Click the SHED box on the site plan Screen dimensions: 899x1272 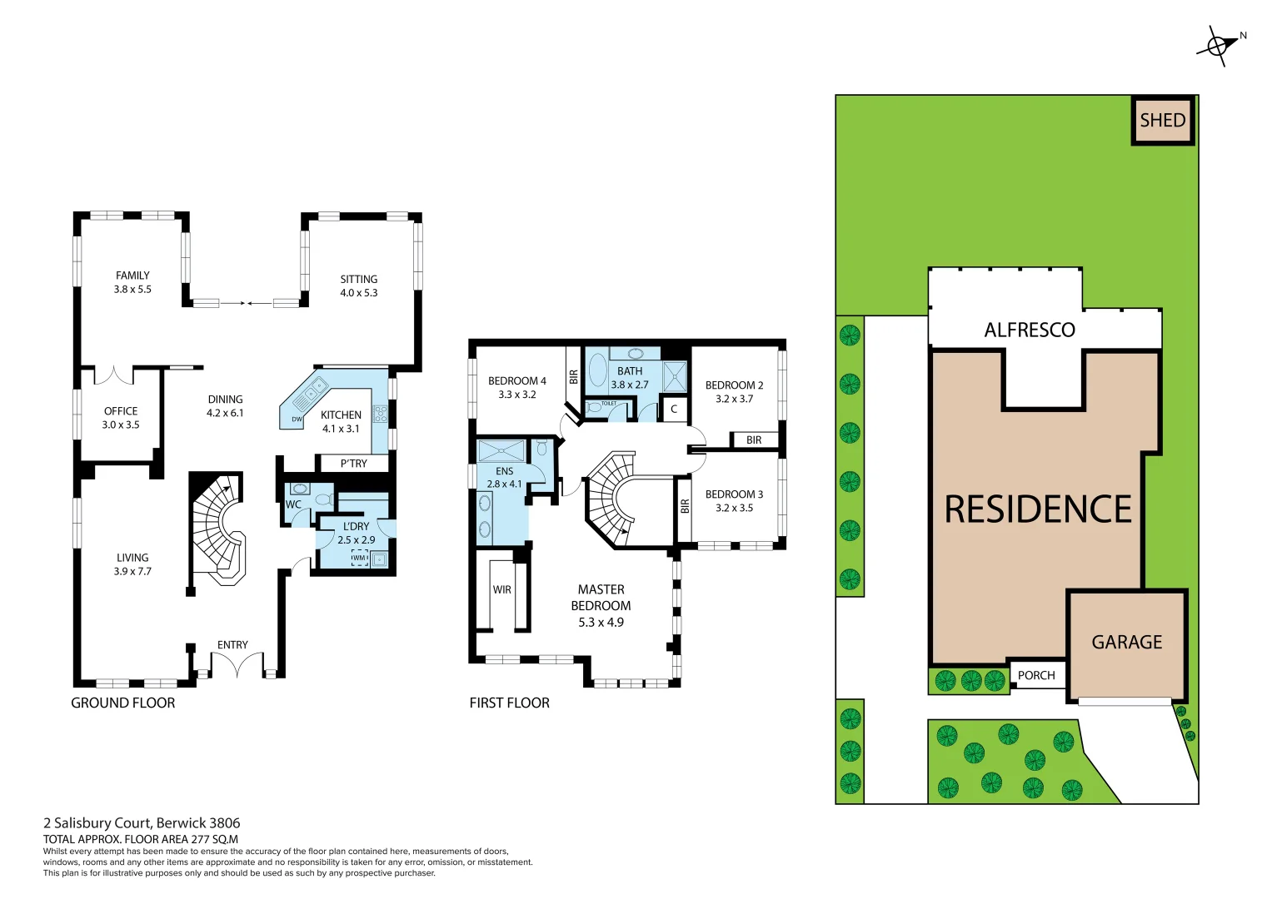[1162, 121]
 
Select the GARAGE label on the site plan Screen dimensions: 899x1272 [1126, 643]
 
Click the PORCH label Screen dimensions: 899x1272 [1036, 675]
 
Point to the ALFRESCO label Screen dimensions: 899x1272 [1029, 330]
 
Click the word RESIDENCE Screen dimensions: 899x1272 [1038, 509]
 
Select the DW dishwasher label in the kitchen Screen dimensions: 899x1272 [297, 420]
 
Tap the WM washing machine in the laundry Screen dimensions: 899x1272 [359, 559]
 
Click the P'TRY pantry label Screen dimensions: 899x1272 [353, 464]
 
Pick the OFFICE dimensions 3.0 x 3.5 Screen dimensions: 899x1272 [121, 425]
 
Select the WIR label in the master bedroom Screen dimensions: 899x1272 [501, 589]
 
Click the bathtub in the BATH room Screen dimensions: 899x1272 [597, 370]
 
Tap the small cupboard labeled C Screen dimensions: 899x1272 [674, 409]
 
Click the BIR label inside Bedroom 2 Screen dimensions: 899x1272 [754, 440]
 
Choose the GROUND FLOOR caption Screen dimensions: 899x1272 [123, 703]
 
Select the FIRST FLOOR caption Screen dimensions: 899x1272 [509, 703]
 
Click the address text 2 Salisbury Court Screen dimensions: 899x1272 [142, 823]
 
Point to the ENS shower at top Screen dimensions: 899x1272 [501, 451]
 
